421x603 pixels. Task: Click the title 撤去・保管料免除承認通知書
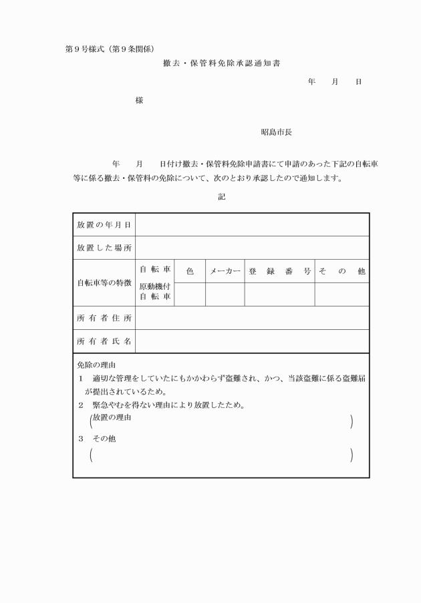(221, 64)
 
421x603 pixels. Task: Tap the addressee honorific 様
(139, 100)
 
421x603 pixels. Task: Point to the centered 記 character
(221, 197)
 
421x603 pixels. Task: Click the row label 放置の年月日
(104, 224)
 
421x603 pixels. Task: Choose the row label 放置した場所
(104, 248)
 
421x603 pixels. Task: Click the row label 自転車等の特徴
(104, 282)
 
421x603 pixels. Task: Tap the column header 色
(190, 271)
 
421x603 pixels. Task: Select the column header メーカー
(225, 271)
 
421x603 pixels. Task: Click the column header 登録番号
(279, 271)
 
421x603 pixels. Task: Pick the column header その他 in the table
(341, 271)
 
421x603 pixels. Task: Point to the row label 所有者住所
(104, 318)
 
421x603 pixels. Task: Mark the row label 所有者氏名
(104, 341)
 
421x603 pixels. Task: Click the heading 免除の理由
(97, 365)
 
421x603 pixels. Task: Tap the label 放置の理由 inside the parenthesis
(112, 417)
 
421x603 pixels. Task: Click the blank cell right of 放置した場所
(252, 248)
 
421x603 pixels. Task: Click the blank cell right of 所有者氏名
(252, 341)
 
